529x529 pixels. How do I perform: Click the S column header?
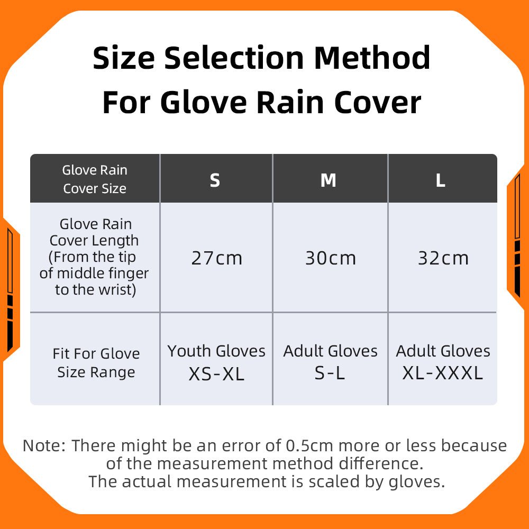(215, 180)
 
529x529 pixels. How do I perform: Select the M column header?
(329, 180)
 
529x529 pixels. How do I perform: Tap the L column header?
(440, 180)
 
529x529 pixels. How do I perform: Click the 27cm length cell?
(216, 258)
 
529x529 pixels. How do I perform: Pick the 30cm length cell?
(331, 258)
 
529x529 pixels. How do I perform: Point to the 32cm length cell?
(443, 258)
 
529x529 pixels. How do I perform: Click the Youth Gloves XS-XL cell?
(216, 362)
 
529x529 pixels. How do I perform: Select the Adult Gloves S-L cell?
(331, 362)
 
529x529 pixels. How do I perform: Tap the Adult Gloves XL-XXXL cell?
(443, 362)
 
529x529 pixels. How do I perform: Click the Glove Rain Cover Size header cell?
(95, 179)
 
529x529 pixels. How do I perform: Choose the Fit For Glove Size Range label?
(96, 363)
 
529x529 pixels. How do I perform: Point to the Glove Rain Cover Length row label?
(94, 257)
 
